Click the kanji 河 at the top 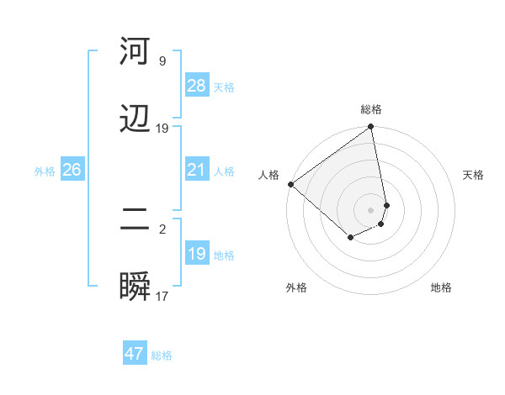(136, 52)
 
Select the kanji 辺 (136, 120)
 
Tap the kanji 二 (136, 220)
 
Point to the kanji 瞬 (136, 288)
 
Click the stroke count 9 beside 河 (162, 61)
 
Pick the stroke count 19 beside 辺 (162, 129)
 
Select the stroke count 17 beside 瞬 (162, 297)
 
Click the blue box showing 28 (197, 86)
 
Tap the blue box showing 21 (197, 170)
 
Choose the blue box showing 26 (72, 170)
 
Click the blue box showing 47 (135, 354)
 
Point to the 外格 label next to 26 (45, 171)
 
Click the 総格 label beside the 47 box (162, 355)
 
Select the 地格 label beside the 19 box (225, 255)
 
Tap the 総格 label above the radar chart (371, 109)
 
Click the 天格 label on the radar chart (474, 175)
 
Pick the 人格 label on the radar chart (268, 175)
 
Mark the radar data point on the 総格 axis (371, 128)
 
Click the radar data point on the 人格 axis (290, 184)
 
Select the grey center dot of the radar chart (371, 209)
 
